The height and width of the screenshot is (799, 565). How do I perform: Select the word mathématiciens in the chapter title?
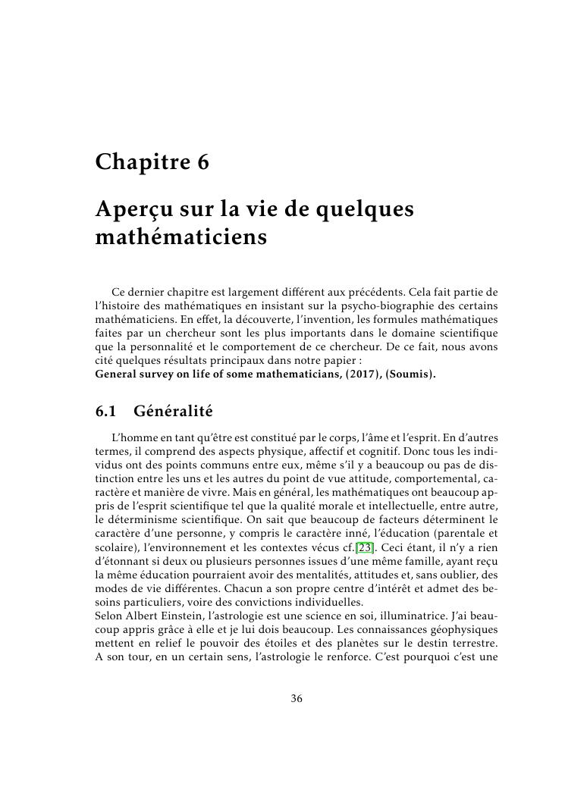(x=182, y=237)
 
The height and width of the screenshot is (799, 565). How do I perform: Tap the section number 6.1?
(x=107, y=412)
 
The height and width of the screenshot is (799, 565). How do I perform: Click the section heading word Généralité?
(x=173, y=412)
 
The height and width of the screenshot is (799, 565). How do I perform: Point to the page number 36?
(x=297, y=698)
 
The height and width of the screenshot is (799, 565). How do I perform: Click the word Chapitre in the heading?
(x=140, y=163)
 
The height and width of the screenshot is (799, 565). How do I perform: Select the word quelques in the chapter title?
(x=371, y=209)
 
